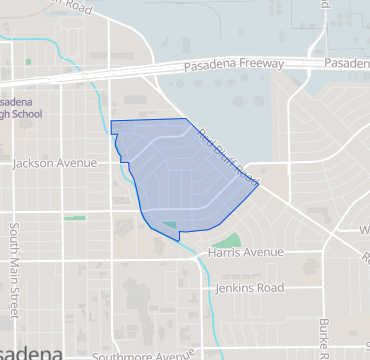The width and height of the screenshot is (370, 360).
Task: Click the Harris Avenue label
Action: [247, 254]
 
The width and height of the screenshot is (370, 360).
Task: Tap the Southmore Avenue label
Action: [142, 355]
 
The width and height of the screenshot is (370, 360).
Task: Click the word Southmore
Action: [121, 355]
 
